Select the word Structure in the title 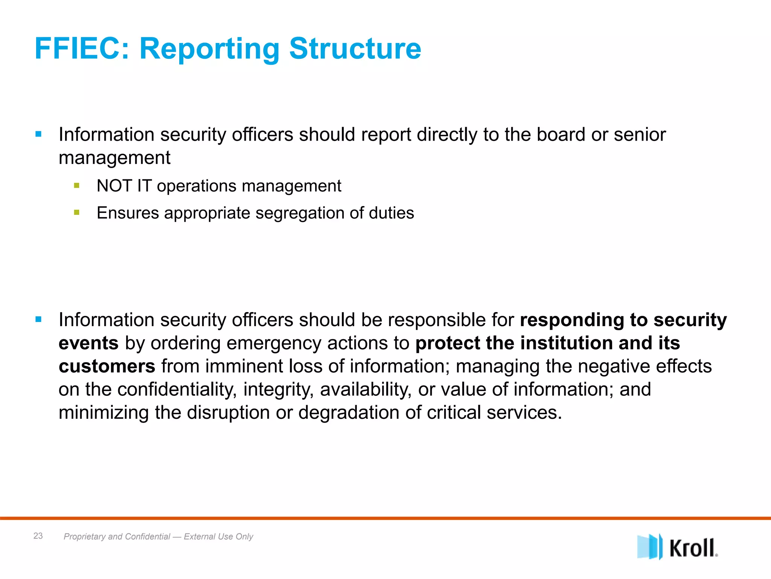click(x=355, y=49)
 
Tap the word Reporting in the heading click(x=209, y=49)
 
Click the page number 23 click(x=38, y=536)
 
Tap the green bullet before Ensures click(x=77, y=213)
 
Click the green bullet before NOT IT click(x=77, y=185)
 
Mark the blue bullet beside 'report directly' click(x=38, y=134)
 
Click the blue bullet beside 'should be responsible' click(x=38, y=320)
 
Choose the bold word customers click(x=107, y=366)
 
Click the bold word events click(x=88, y=343)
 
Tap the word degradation click(x=349, y=412)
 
